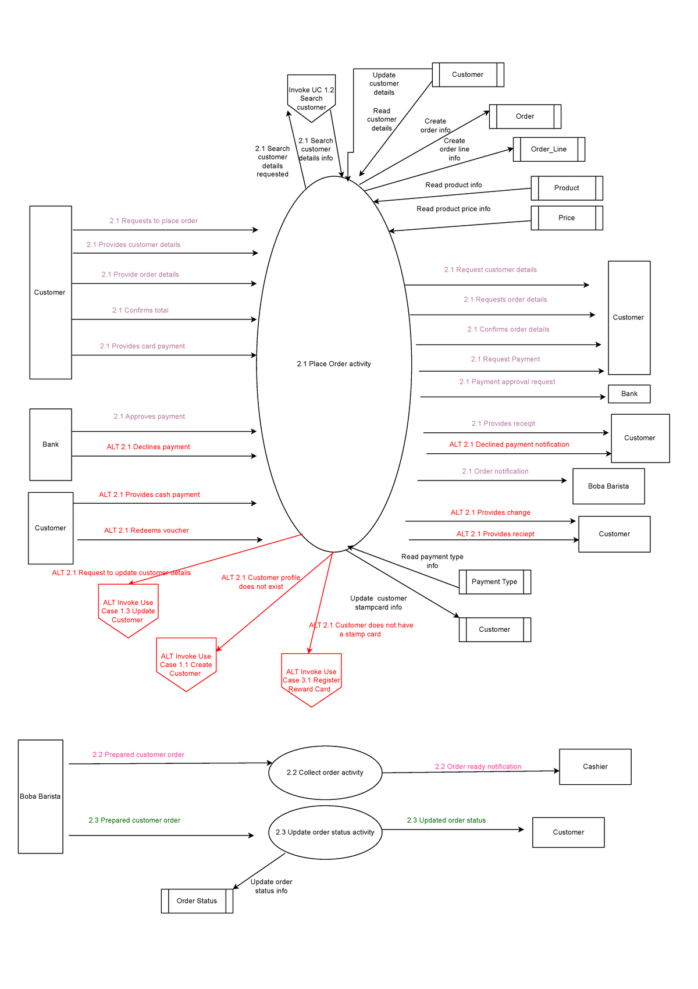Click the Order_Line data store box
tap(549, 150)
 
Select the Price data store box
tap(567, 218)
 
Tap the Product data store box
tap(567, 188)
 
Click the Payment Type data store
tap(494, 582)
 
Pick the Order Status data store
tap(197, 901)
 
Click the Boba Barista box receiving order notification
tap(608, 486)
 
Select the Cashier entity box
tap(595, 767)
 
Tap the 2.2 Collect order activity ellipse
tap(325, 773)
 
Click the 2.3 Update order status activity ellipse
tap(325, 833)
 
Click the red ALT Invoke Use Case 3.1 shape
tap(311, 680)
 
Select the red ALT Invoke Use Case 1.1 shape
tap(186, 664)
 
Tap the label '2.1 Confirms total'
tap(140, 311)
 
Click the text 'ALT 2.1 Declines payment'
tap(148, 447)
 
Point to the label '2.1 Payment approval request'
tap(507, 382)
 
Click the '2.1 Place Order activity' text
tap(334, 364)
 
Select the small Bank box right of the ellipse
tap(629, 394)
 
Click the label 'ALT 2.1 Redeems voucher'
tap(147, 531)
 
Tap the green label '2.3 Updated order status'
tap(446, 820)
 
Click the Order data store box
tap(525, 116)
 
